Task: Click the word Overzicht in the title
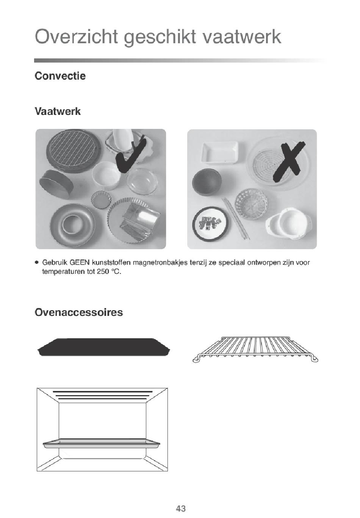pos(77,36)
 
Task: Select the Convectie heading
pos(60,76)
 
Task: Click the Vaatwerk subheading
pos(58,111)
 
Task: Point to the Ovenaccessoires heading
pos(79,312)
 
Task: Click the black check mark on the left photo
pos(131,155)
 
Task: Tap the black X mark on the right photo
pos(289,162)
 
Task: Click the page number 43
pos(181,508)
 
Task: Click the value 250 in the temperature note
pos(103,272)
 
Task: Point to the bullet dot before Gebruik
pos(36,262)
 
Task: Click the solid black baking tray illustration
pos(104,347)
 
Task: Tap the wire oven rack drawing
pos(255,349)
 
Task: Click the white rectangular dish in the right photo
pos(220,153)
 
